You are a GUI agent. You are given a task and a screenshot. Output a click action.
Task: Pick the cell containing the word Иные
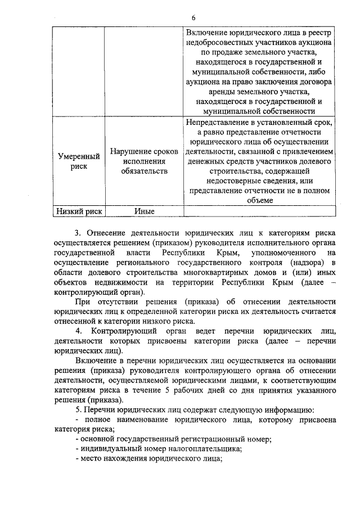pos(145,211)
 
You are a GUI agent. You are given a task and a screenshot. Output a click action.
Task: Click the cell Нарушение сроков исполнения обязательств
pos(145,161)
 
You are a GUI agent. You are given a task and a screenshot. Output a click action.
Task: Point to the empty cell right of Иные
pos(260,211)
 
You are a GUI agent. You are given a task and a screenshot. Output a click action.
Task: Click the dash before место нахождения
pos(76,458)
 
